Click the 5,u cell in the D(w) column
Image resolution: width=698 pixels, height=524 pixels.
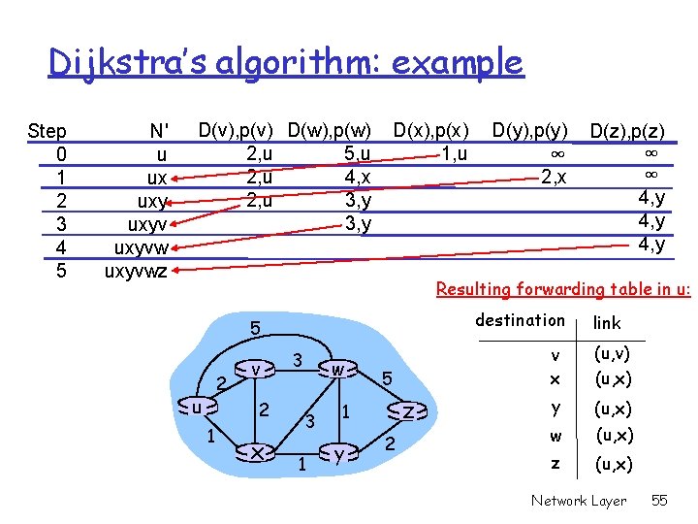tap(357, 153)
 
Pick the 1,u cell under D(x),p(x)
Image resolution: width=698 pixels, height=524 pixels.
tap(453, 152)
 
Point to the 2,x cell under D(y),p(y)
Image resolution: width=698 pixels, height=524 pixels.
tap(553, 177)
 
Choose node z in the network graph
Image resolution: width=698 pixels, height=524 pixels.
tap(409, 412)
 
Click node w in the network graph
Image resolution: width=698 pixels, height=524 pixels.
tap(336, 370)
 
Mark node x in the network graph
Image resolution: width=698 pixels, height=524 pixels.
tap(256, 452)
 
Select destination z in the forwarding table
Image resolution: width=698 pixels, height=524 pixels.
tap(555, 464)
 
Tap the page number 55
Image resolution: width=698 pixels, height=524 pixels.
tap(659, 501)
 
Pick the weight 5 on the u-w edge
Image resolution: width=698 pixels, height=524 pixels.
tap(255, 330)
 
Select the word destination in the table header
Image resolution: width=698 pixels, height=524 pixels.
tap(520, 320)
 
